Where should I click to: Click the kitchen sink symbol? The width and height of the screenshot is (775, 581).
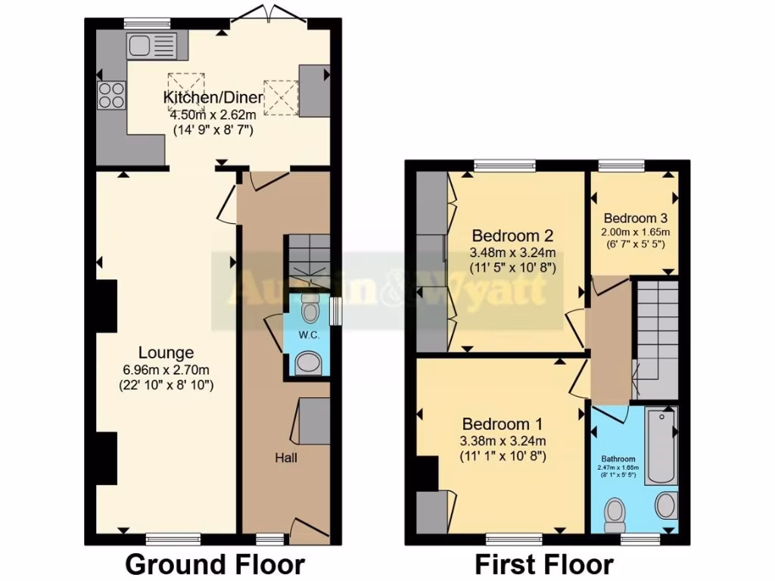click(x=152, y=45)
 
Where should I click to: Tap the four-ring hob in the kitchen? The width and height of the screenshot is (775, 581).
click(x=110, y=95)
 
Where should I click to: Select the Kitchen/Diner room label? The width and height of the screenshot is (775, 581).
click(x=213, y=98)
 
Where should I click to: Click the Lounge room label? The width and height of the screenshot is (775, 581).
click(x=166, y=353)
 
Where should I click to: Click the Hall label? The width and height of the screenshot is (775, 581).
click(x=286, y=458)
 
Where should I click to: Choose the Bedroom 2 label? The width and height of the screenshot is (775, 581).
click(x=503, y=234)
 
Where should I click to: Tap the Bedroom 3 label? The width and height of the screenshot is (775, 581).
click(x=636, y=215)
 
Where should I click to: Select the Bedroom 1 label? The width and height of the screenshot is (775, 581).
click(x=503, y=424)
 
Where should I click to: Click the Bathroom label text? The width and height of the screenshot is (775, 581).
click(x=618, y=459)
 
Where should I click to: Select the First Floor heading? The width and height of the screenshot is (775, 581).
click(x=543, y=564)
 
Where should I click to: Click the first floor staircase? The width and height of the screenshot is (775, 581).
click(x=655, y=333)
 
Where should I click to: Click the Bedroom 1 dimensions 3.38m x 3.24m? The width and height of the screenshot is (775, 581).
click(x=503, y=441)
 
